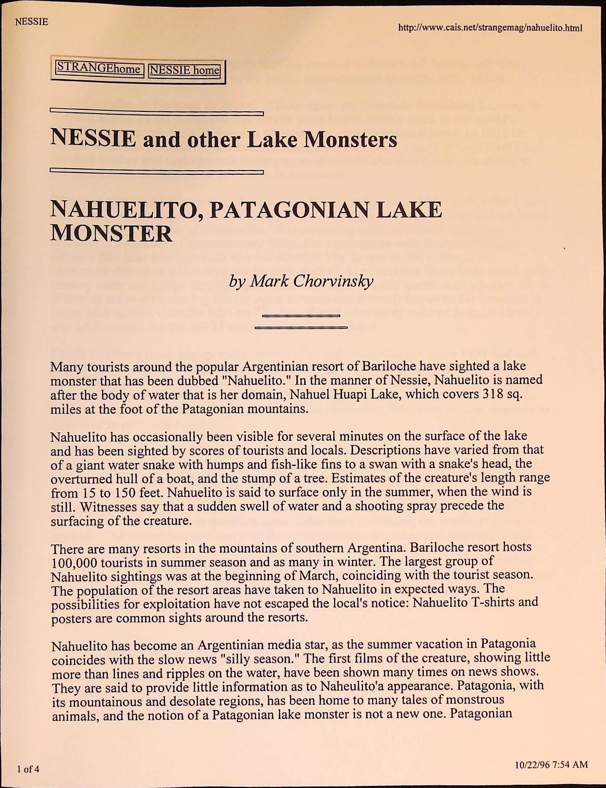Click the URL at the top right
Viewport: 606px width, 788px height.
490,28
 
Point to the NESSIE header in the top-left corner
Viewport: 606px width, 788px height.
32,22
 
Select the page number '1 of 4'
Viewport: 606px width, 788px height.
28,769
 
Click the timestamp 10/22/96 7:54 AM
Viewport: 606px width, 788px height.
551,765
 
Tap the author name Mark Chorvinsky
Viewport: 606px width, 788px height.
301,281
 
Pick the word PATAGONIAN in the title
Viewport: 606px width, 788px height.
290,210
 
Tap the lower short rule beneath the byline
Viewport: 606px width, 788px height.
301,327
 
